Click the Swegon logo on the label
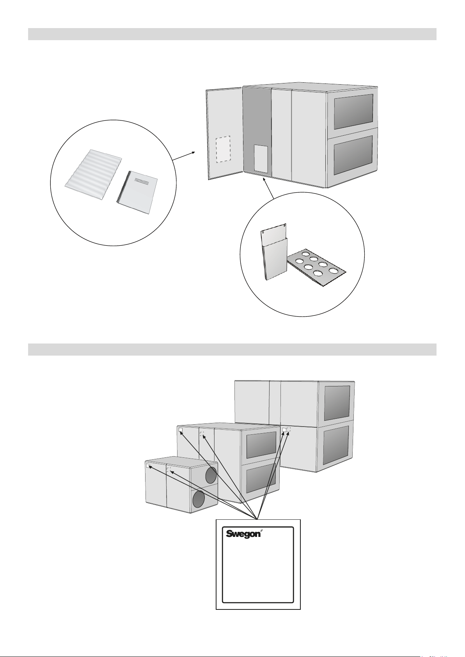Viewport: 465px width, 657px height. click(x=243, y=534)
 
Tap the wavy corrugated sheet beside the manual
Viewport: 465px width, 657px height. click(x=93, y=175)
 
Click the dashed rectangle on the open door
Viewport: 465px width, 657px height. click(x=223, y=149)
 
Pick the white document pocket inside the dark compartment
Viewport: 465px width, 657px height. click(x=261, y=158)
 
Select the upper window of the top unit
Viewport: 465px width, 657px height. click(x=353, y=112)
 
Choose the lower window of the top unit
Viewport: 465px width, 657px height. click(x=353, y=155)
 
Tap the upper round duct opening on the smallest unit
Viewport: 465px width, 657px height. click(x=211, y=475)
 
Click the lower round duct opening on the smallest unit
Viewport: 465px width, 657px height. click(x=198, y=499)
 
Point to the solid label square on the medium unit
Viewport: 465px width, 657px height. click(x=181, y=430)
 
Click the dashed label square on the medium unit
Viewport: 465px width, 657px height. click(x=202, y=433)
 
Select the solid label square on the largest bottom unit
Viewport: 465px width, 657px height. click(x=284, y=430)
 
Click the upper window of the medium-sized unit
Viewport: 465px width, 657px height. click(x=261, y=445)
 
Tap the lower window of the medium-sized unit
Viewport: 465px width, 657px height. click(x=261, y=479)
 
